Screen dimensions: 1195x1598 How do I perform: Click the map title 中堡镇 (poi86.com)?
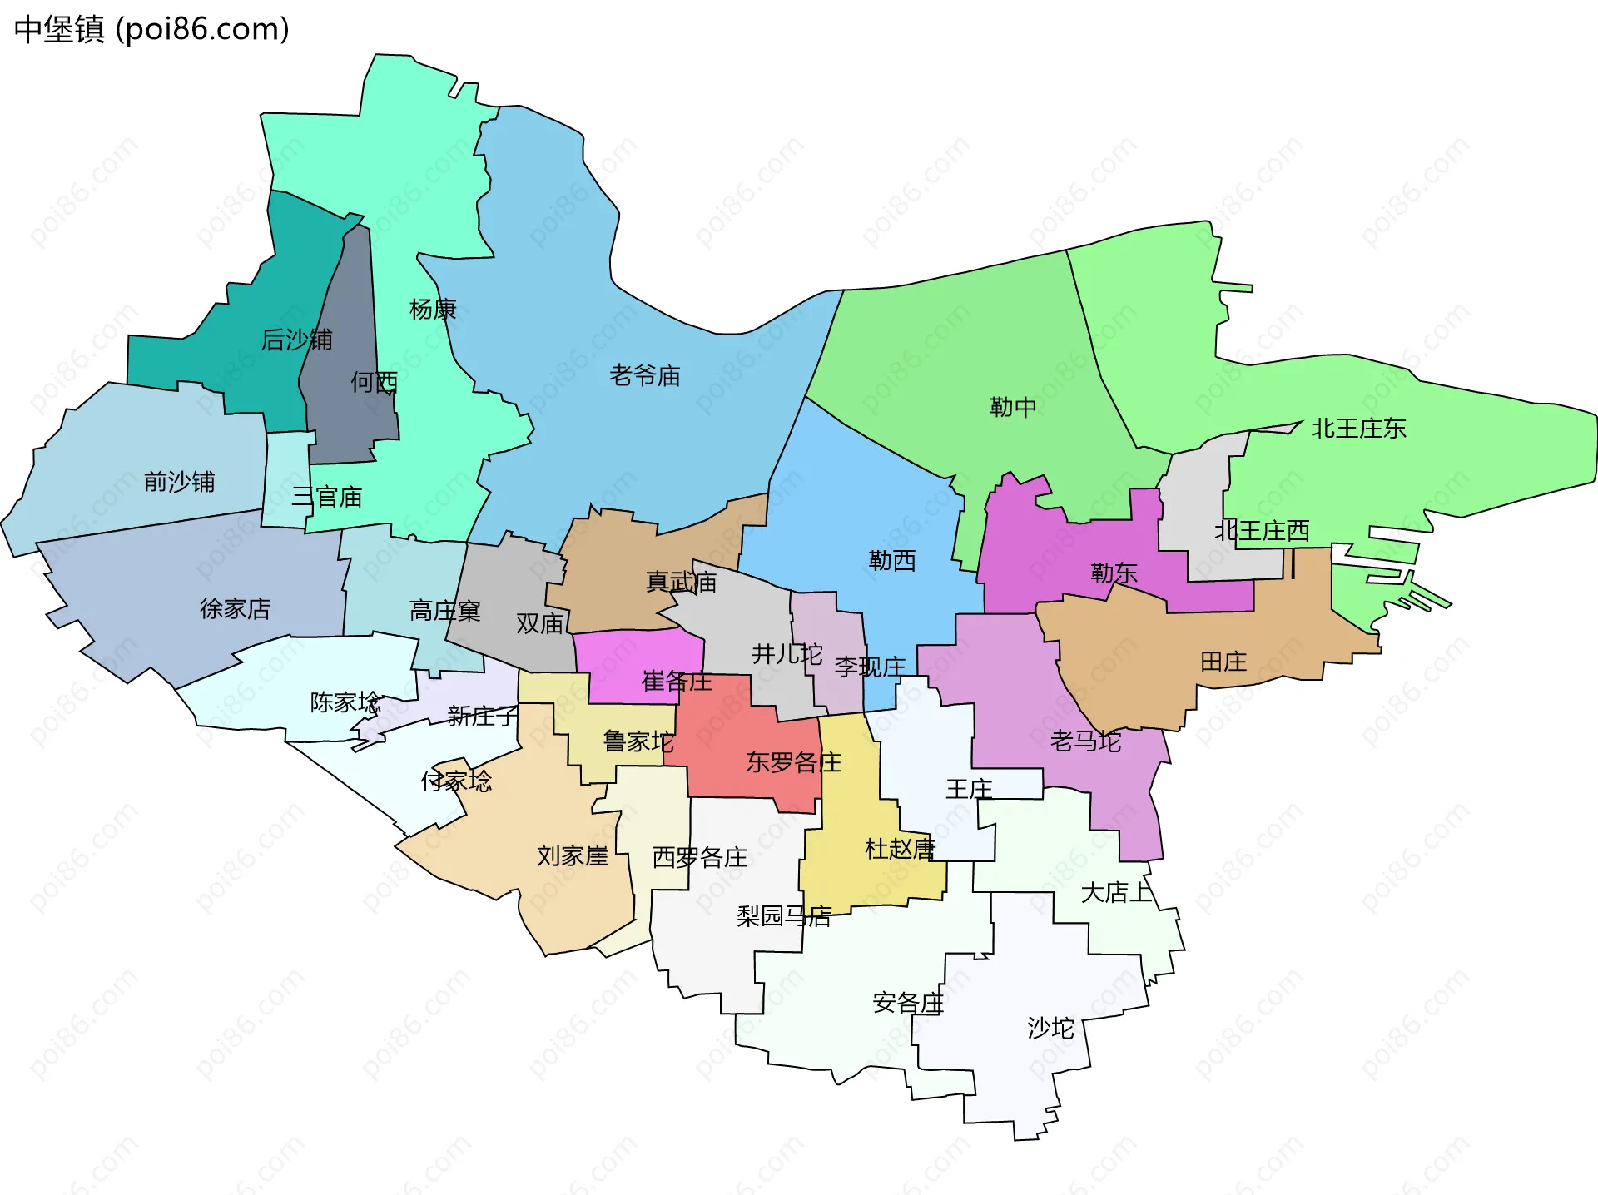151,29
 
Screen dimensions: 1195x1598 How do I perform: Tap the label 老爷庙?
644,376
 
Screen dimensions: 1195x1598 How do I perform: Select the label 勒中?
1013,407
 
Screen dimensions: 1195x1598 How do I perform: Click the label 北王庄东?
1358,429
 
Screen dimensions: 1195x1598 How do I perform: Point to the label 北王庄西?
1262,531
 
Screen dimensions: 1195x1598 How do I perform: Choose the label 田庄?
1223,662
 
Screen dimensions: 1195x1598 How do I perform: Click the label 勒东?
1114,573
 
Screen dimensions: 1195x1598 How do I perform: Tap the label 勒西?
891,561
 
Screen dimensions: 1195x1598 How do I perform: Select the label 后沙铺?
296,340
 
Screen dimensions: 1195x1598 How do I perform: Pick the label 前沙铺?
179,482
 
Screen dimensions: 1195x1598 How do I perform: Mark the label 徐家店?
235,609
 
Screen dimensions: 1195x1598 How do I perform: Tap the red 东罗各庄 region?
749,749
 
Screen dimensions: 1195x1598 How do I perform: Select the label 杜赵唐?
900,849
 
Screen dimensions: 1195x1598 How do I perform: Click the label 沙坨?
1050,1029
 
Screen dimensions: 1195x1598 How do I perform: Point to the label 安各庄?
907,1003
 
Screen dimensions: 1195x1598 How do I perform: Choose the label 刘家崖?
572,855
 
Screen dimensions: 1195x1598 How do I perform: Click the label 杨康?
433,310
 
